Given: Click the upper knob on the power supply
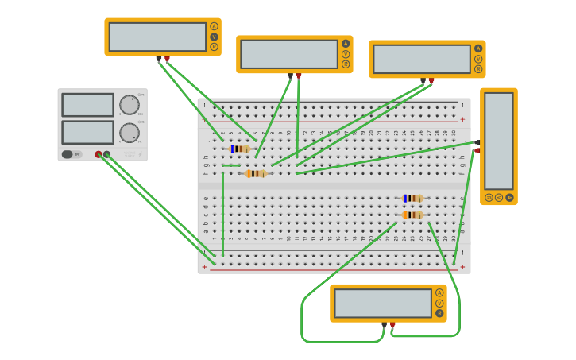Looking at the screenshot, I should (x=129, y=105).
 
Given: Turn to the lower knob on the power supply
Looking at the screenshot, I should (x=129, y=133).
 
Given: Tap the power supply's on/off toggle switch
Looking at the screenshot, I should (x=68, y=154).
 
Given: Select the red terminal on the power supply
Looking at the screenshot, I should (x=99, y=155).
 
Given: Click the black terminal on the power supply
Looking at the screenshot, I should (x=106, y=155).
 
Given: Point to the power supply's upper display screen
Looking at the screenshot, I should (x=87, y=105).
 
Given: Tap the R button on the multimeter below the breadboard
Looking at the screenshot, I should (x=439, y=313).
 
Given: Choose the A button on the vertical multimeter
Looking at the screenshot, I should (x=509, y=197).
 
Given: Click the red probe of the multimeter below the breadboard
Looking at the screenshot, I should (x=392, y=325).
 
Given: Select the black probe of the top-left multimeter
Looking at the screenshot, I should (x=159, y=59).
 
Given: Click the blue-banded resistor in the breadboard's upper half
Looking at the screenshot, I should (x=239, y=149).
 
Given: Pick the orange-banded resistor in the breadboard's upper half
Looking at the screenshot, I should (x=256, y=173).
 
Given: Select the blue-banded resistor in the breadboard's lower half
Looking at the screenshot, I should (x=412, y=198).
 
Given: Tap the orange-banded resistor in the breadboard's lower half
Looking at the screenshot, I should (x=412, y=215).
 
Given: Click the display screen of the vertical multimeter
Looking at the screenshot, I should (x=499, y=141).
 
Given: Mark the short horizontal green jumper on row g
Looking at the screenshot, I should (x=231, y=165).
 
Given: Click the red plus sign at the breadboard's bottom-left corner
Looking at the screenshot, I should (x=204, y=267).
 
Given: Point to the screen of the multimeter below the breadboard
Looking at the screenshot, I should (x=383, y=303).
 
